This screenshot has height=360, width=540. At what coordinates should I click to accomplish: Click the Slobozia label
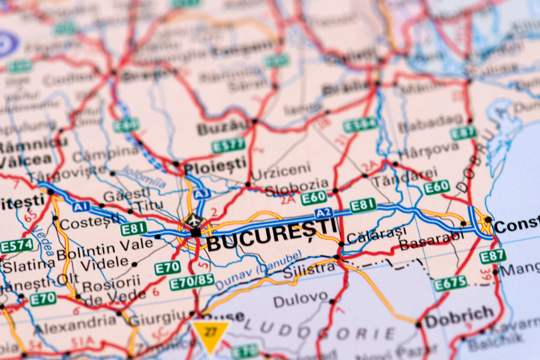[296, 186]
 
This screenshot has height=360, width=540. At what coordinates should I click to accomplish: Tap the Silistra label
[310, 269]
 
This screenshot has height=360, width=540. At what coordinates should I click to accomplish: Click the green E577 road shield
[229, 145]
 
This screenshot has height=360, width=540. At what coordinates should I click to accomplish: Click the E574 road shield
[17, 246]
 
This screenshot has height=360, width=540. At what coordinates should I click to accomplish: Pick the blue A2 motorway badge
[323, 213]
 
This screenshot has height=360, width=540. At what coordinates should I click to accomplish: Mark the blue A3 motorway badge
[202, 193]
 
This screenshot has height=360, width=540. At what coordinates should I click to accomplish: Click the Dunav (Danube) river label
[258, 270]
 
